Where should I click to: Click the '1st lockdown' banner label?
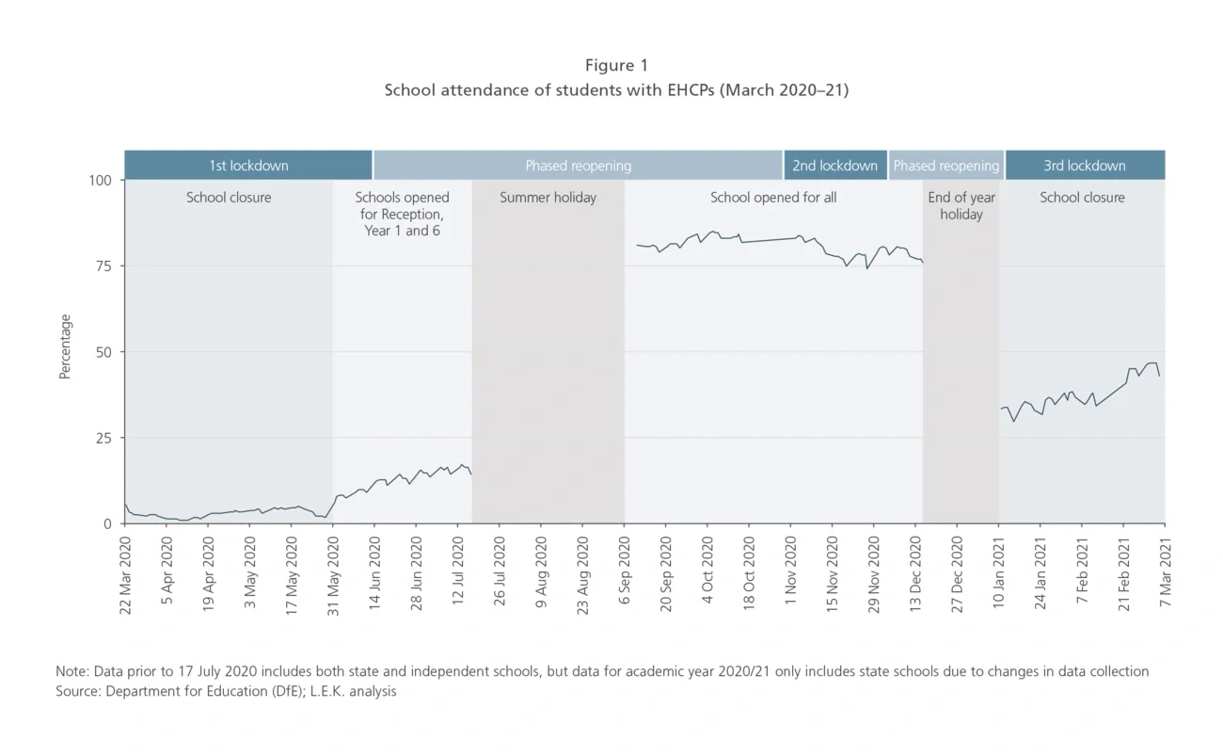point(248,166)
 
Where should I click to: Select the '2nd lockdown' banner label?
point(834,166)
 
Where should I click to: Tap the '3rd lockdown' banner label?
point(1084,166)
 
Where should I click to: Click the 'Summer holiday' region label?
point(548,198)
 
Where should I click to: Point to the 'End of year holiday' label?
point(961,206)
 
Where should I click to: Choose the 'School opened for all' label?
point(773,198)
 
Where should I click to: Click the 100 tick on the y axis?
point(100,180)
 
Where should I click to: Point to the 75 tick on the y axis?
point(103,266)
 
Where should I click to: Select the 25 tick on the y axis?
point(103,438)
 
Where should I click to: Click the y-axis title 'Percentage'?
point(65,346)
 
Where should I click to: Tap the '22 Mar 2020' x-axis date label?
point(125,573)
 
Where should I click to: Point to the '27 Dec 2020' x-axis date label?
point(957,573)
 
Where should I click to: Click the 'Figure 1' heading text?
point(616,65)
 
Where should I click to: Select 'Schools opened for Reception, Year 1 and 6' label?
point(402,214)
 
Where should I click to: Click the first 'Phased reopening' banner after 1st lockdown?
point(578,166)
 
